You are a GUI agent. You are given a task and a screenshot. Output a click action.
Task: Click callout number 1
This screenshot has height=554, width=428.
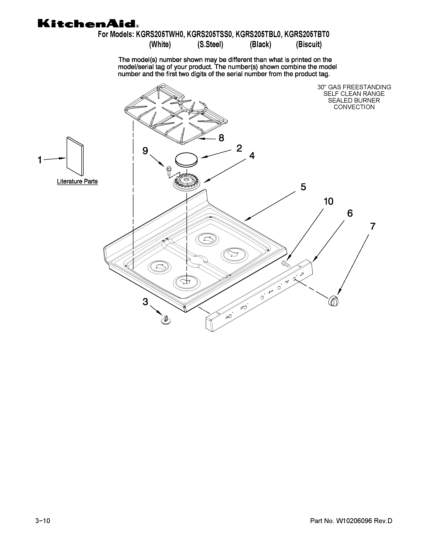pyautogui.click(x=40, y=160)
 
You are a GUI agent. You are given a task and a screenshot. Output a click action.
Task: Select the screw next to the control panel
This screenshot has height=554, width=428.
pyautogui.click(x=286, y=264)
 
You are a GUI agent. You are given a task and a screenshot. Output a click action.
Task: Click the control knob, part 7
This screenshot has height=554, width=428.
pyautogui.click(x=334, y=301)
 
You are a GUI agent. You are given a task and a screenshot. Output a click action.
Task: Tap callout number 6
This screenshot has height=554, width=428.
pyautogui.click(x=350, y=213)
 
